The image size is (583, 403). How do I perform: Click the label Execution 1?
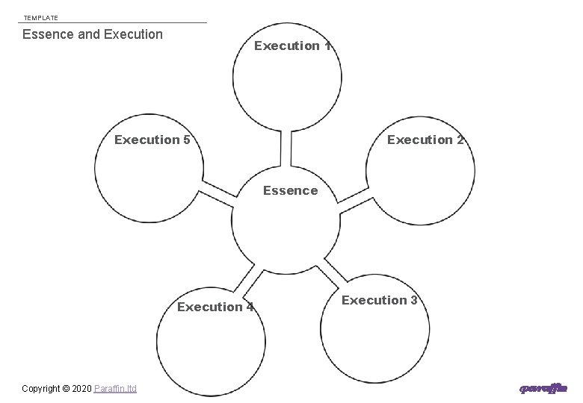pyautogui.click(x=292, y=46)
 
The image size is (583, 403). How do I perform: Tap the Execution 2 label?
pyautogui.click(x=425, y=140)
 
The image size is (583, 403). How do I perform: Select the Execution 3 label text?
pyautogui.click(x=380, y=300)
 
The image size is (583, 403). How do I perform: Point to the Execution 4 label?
pyautogui.click(x=215, y=307)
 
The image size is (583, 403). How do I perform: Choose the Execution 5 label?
pyautogui.click(x=152, y=140)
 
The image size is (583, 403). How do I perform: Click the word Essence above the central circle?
pyautogui.click(x=290, y=190)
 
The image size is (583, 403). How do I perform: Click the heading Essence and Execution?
pyautogui.click(x=93, y=34)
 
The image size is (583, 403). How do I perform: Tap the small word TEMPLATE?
pyautogui.click(x=40, y=17)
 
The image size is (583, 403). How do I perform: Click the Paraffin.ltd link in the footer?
pyautogui.click(x=116, y=389)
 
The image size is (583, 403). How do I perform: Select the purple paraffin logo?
pyautogui.click(x=543, y=388)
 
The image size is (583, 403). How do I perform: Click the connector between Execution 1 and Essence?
pyautogui.click(x=286, y=148)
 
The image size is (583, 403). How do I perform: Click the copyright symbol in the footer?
pyautogui.click(x=66, y=389)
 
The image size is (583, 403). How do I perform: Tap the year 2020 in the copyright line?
pyautogui.click(x=81, y=389)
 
